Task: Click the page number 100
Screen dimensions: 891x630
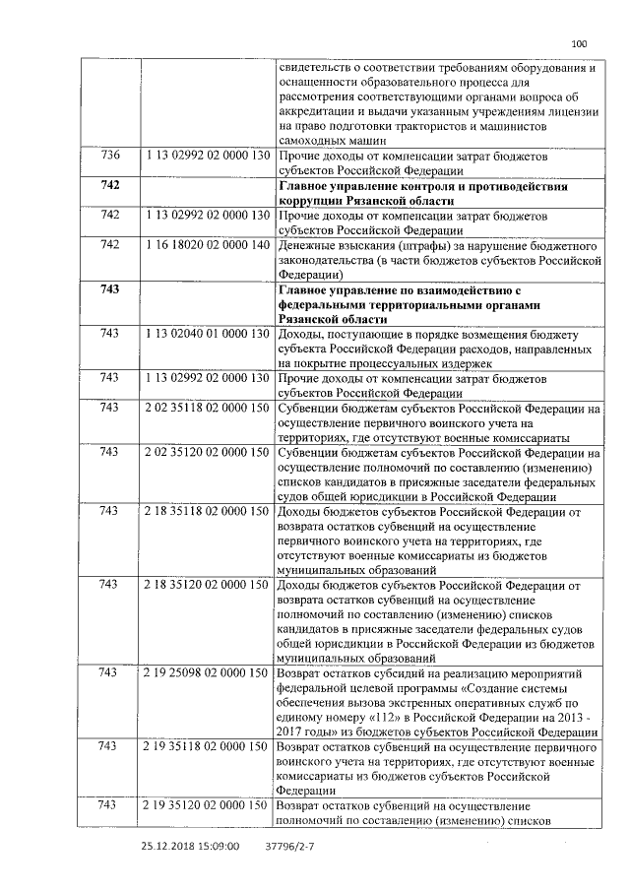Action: tap(578, 42)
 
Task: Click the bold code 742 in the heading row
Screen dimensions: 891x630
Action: tap(110, 186)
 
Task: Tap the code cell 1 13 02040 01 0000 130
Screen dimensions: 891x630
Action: tap(207, 335)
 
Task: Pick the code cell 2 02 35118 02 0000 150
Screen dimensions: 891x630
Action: tap(207, 407)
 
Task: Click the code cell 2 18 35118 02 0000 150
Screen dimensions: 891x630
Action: tap(207, 512)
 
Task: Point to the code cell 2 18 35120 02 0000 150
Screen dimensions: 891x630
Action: tap(207, 586)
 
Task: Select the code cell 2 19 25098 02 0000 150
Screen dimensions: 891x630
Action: tap(207, 673)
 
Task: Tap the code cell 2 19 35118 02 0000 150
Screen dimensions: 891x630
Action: tap(207, 746)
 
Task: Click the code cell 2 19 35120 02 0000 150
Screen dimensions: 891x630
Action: tap(207, 806)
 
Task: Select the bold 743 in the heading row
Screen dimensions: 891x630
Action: tap(110, 289)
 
